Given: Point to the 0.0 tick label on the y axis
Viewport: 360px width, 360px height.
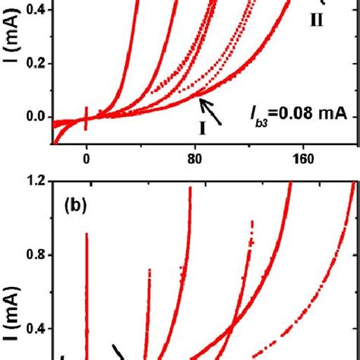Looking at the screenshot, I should (35, 118).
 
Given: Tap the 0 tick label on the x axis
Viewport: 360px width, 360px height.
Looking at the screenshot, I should (87, 160).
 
